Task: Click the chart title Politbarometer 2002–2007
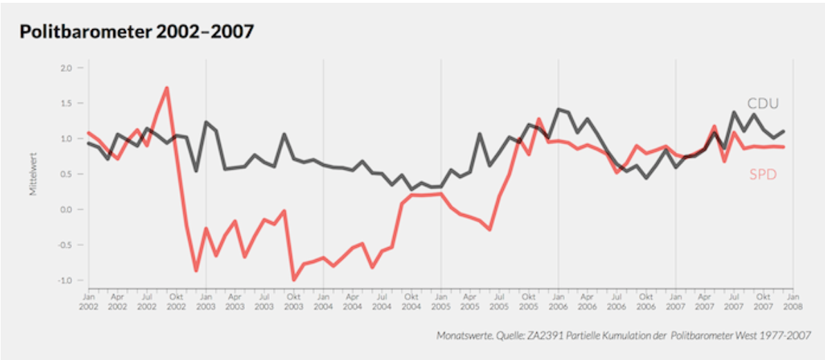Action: click(136, 32)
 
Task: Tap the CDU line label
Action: click(763, 104)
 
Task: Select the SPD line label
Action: click(763, 174)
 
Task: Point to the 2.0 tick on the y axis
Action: click(66, 68)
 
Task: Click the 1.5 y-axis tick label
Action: click(66, 103)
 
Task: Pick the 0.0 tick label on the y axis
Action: click(66, 209)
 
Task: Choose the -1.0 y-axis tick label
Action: click(64, 280)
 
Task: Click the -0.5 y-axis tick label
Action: click(64, 245)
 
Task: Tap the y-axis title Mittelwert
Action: click(33, 174)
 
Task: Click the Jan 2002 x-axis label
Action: click(88, 300)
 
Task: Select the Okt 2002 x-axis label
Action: click(176, 300)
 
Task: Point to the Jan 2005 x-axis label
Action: click(440, 300)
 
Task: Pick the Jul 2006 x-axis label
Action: click(616, 300)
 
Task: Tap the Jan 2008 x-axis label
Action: click(792, 300)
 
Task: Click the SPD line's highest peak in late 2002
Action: click(167, 88)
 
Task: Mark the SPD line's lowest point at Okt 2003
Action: click(293, 280)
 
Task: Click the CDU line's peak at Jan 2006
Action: click(558, 109)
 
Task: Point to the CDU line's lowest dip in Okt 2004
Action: click(411, 189)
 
